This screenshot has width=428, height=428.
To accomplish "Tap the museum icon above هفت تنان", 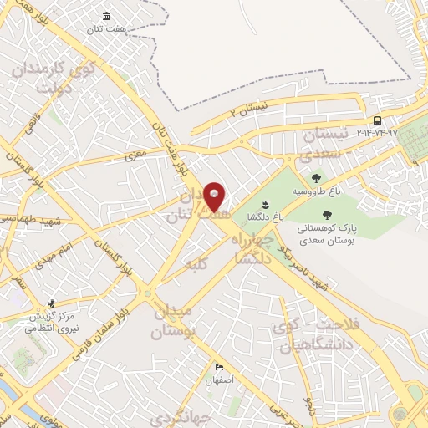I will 107,16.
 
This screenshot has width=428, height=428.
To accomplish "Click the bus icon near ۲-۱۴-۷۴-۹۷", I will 378,120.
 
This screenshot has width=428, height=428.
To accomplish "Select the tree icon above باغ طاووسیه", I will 316,177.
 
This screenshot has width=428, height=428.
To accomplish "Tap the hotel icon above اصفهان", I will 219,368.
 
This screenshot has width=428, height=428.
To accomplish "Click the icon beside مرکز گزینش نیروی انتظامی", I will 52,303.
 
